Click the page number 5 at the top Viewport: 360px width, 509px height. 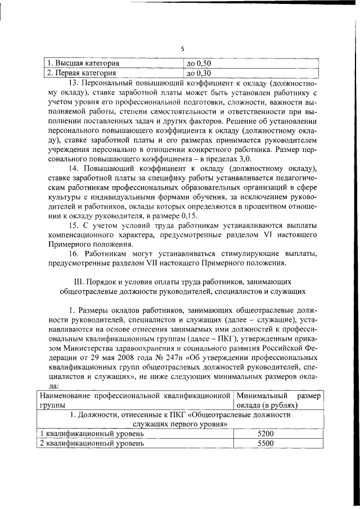tap(183, 49)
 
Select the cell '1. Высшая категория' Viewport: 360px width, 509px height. tap(82, 63)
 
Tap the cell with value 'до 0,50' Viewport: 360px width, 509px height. tap(198, 63)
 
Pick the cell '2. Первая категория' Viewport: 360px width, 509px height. tap(81, 73)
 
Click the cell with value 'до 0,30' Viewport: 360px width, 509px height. tap(198, 73)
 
